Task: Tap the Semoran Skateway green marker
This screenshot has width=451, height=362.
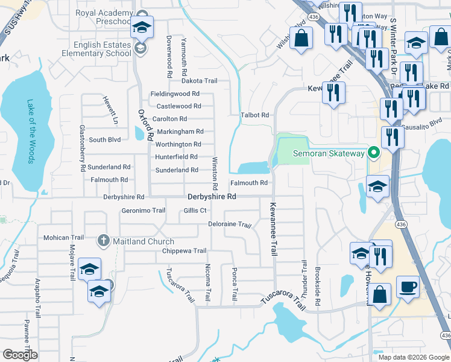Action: coord(373,153)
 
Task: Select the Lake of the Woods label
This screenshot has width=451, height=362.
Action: coord(31,132)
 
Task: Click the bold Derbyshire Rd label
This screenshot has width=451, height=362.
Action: coord(212,197)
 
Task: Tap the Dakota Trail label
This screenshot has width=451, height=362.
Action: coord(199,81)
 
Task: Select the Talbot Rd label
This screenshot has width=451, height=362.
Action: coord(254,115)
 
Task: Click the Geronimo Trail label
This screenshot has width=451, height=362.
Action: coord(143,211)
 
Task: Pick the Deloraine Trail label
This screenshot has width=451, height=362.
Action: coord(229,224)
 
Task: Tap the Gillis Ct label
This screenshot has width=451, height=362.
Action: coord(195,211)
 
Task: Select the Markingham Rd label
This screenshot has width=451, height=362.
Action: coord(180,132)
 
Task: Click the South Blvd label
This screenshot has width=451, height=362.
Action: coord(105,139)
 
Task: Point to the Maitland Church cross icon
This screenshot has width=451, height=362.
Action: coord(103,241)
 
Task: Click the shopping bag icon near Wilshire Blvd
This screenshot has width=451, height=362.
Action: coord(301,39)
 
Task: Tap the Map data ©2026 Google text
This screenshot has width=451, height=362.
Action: coord(413,357)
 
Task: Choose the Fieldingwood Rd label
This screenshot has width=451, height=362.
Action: coord(175,94)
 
